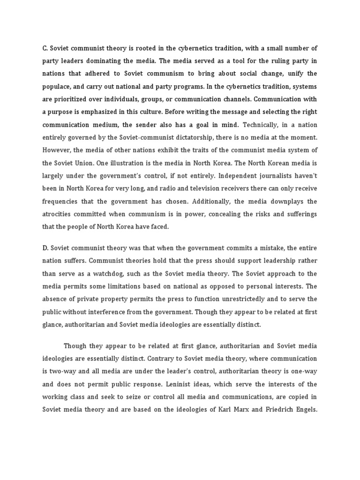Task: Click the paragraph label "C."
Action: click(45, 47)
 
